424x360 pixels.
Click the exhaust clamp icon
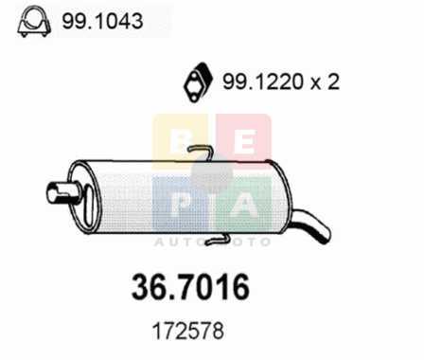pyautogui.click(x=34, y=22)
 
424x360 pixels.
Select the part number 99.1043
pyautogui.click(x=102, y=22)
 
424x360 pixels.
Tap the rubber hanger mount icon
pyautogui.click(x=198, y=82)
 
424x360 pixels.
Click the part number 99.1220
pyautogui.click(x=263, y=81)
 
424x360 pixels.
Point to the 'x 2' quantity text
pyautogui.click(x=325, y=81)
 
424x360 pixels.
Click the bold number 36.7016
pyautogui.click(x=190, y=287)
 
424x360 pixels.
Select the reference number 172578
pyautogui.click(x=188, y=331)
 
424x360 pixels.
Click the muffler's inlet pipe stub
pyautogui.click(x=62, y=193)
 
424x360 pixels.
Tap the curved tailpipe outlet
pyautogui.click(x=310, y=225)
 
